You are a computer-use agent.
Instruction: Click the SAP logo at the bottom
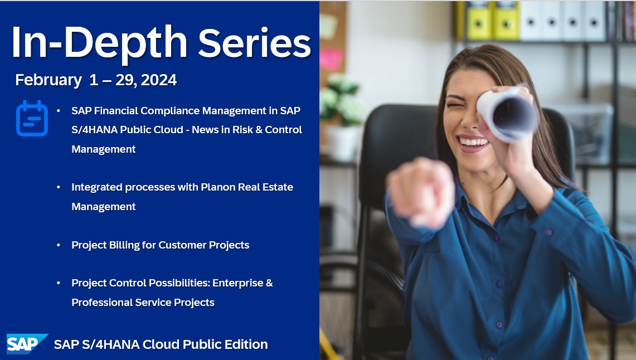[26, 344]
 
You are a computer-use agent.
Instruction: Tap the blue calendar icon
[32, 118]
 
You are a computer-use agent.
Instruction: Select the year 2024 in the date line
[159, 80]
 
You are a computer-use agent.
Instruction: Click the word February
[48, 80]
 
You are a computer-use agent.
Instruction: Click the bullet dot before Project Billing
[59, 245]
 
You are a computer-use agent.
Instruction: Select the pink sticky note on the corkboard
[331, 58]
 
